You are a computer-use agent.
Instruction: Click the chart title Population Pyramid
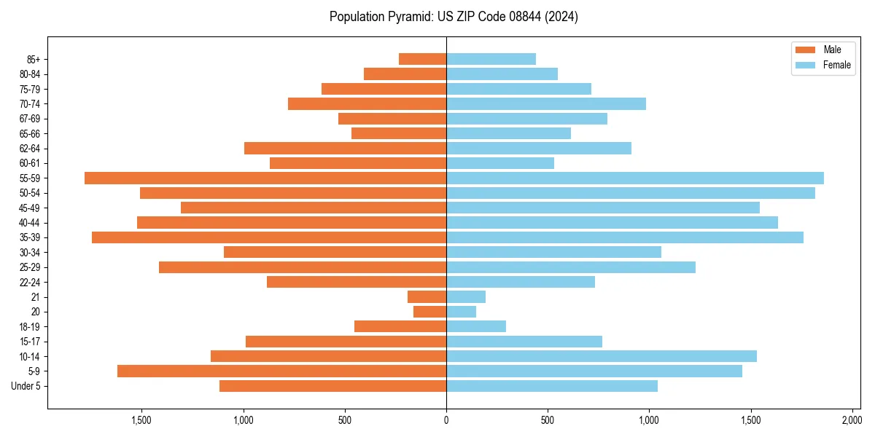[454, 17]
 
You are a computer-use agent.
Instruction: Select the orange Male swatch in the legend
[806, 50]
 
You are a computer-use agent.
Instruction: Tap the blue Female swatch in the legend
[806, 65]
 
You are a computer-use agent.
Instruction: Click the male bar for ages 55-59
[265, 178]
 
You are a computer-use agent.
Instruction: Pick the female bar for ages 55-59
[635, 178]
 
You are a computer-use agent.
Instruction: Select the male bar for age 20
[429, 312]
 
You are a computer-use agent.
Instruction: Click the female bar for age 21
[466, 296]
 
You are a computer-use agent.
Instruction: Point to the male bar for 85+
[422, 59]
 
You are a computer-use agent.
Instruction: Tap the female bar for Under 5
[552, 386]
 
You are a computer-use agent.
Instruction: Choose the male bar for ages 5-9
[281, 371]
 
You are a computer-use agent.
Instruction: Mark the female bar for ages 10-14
[602, 356]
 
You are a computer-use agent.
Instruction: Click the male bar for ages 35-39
[269, 237]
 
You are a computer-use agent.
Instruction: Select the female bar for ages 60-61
[500, 163]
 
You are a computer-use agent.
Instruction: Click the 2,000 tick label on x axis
[852, 420]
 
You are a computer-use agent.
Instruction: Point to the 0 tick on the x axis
[446, 420]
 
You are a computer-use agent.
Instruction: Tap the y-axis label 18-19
[30, 326]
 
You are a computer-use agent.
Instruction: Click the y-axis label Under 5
[26, 386]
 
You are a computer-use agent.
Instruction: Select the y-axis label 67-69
[30, 119]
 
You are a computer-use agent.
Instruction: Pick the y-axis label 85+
[33, 59]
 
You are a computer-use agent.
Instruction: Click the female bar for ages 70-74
[546, 103]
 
